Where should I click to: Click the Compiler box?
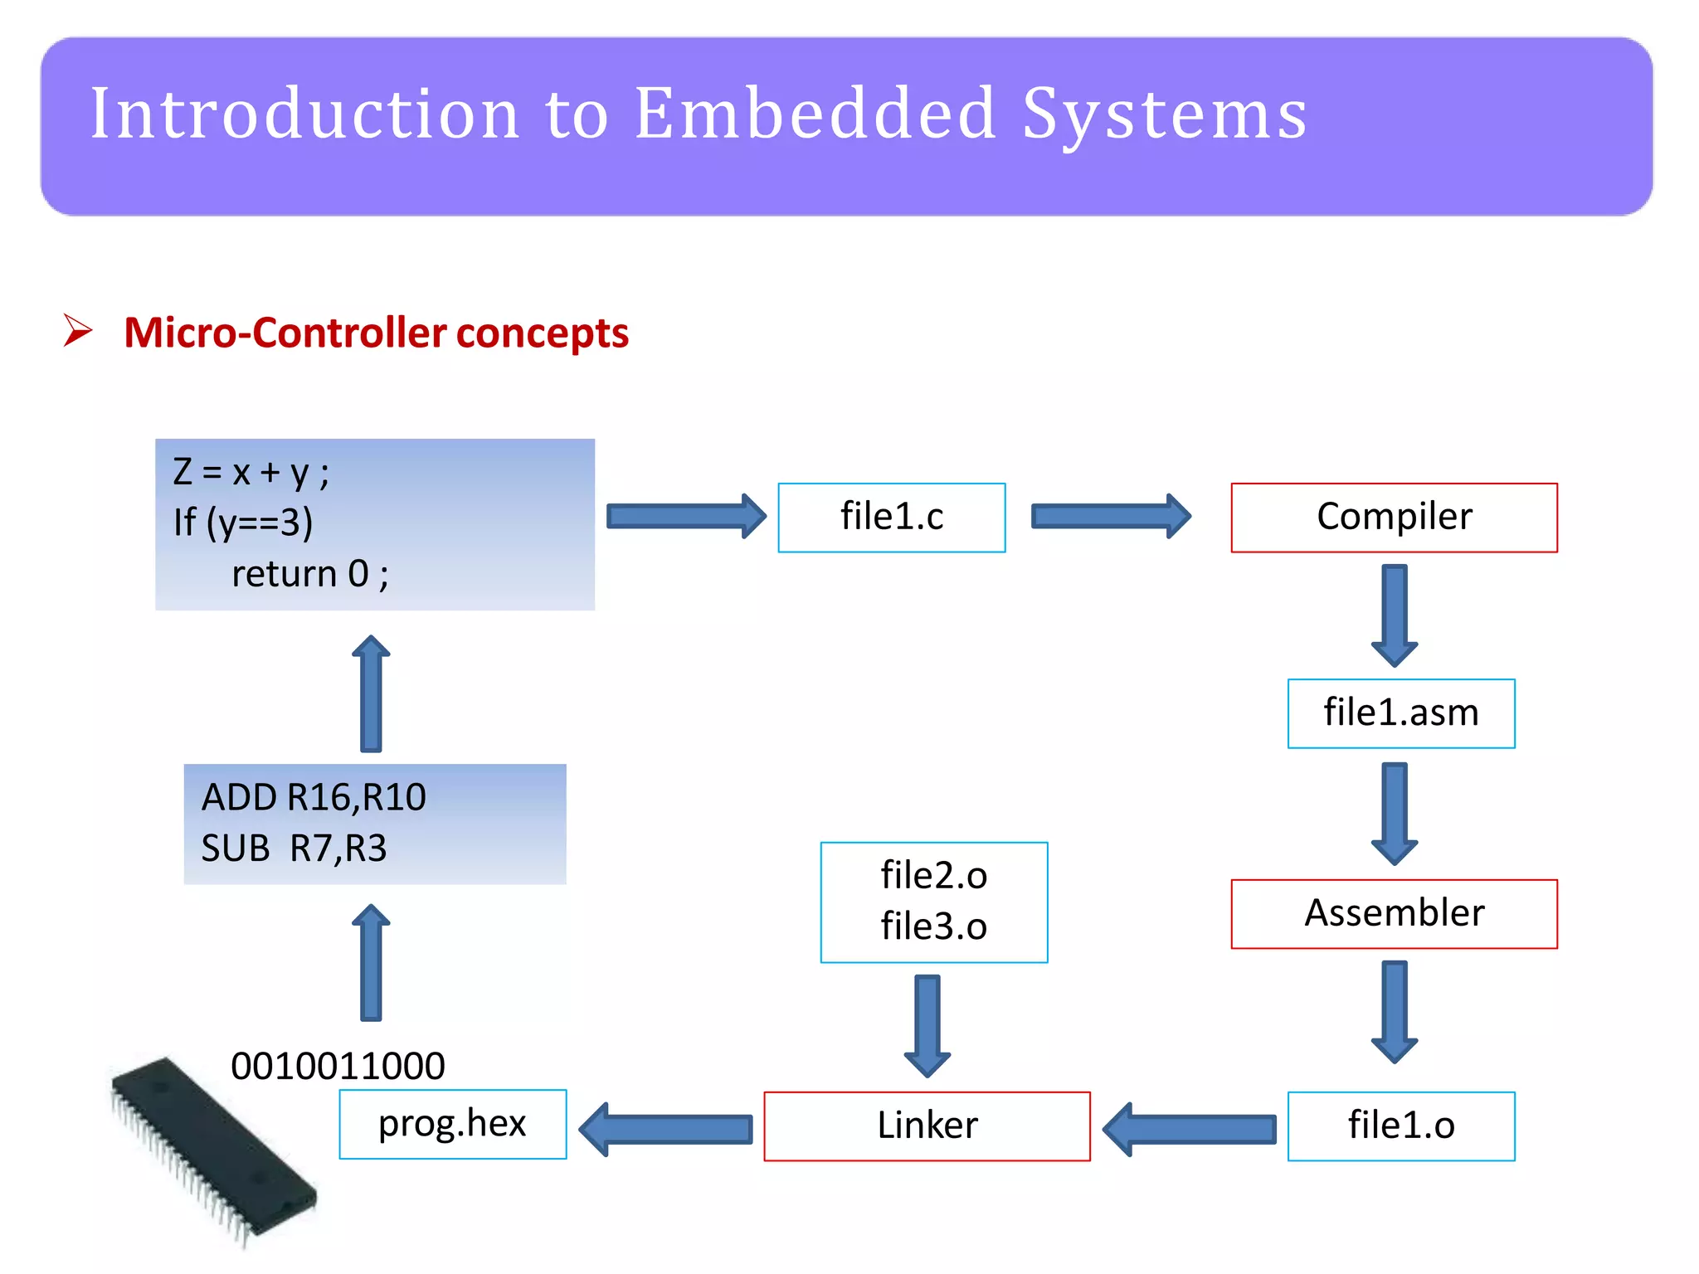pos(1394,518)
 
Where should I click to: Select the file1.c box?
pos(892,518)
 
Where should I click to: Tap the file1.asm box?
pos(1400,713)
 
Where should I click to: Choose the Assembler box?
pos(1394,913)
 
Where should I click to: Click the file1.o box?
pos(1400,1126)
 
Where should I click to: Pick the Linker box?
pos(927,1126)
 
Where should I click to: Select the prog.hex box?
pos(453,1124)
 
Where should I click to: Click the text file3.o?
pos(933,926)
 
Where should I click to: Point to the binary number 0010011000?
pos(338,1066)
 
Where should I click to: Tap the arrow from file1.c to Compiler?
pos(1110,517)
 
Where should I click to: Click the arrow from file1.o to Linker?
pos(1190,1129)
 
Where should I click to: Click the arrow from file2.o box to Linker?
pos(927,1025)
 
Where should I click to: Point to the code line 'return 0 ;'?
pos(309,574)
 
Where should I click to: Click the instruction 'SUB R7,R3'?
pos(294,849)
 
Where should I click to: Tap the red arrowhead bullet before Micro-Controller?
pos(78,331)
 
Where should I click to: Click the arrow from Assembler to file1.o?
pos(1394,1011)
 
